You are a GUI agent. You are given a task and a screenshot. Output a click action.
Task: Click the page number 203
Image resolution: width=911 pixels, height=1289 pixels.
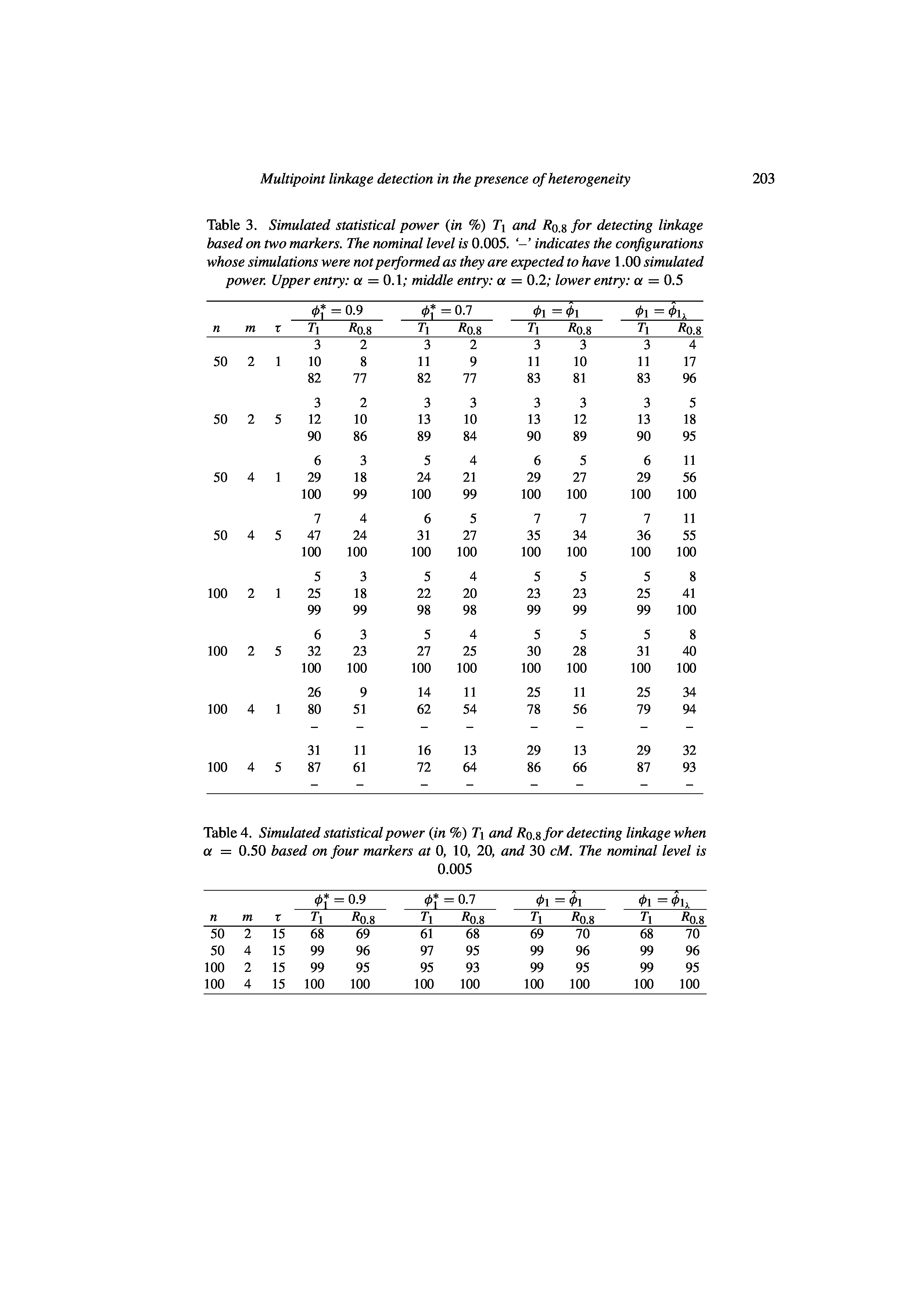click(763, 179)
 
